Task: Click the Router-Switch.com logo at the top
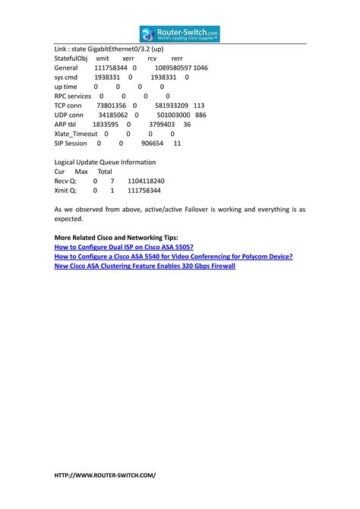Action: pyautogui.click(x=179, y=34)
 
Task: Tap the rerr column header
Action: pyautogui.click(x=177, y=58)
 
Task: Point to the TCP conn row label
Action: pyautogui.click(x=69, y=106)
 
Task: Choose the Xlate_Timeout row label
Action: pyautogui.click(x=75, y=134)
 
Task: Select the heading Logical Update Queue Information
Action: pyautogui.click(x=106, y=162)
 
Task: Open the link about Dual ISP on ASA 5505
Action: pyautogui.click(x=124, y=247)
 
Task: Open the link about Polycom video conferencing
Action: pyautogui.click(x=174, y=257)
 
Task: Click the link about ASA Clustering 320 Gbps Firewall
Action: pyautogui.click(x=145, y=266)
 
